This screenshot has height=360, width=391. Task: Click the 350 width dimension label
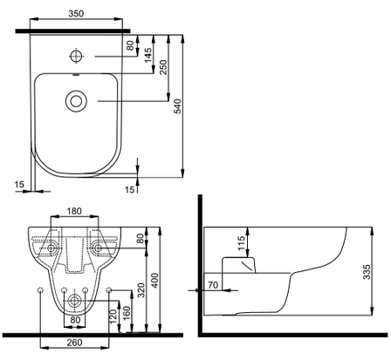[x=76, y=13]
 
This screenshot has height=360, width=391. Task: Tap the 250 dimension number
[x=163, y=67]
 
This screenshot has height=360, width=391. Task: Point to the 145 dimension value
[x=148, y=55]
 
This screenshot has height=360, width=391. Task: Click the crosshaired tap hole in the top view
[x=76, y=56]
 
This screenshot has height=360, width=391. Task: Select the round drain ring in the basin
[x=76, y=101]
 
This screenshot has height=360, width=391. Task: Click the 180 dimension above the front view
[x=74, y=211]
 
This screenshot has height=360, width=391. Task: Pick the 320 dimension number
[x=141, y=289]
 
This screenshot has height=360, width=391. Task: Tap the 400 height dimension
[x=155, y=280]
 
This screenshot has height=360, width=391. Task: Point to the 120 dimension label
[x=113, y=316]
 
